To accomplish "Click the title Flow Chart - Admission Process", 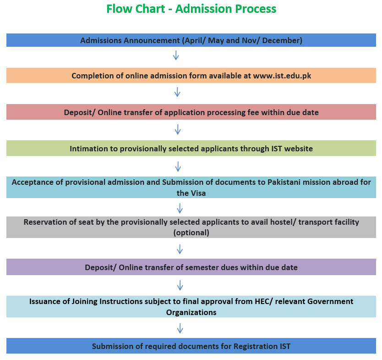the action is (191, 9).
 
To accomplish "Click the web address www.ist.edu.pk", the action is (282, 76).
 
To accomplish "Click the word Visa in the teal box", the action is (196, 193).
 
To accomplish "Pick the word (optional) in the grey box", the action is (191, 233).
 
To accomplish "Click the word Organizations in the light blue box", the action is (191, 312).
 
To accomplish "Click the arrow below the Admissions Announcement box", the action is (176, 55).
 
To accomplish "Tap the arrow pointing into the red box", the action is (177, 92).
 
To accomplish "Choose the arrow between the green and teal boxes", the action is (178, 166).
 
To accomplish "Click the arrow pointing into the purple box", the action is (180, 249).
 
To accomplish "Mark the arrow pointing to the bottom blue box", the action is (180, 328).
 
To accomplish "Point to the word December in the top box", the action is (282, 40).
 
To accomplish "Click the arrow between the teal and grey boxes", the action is (180, 208).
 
